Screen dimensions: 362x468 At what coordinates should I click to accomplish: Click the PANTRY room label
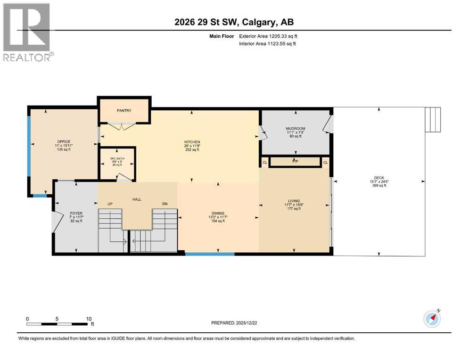(x=124, y=111)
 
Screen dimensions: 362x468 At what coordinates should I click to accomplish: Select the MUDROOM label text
(x=296, y=128)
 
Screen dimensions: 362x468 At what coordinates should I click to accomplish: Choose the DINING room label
(x=218, y=213)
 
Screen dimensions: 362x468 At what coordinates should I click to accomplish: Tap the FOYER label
(x=76, y=213)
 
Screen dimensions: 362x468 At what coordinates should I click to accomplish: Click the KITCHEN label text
(x=192, y=142)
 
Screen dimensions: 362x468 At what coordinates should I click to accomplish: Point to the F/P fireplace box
(x=296, y=162)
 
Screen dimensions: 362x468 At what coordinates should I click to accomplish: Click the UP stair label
(x=110, y=204)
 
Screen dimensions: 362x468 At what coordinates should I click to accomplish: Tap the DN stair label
(x=165, y=204)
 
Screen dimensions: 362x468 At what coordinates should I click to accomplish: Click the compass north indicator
(x=432, y=319)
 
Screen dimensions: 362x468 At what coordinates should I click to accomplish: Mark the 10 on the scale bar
(x=89, y=319)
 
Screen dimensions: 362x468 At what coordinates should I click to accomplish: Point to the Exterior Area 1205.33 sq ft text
(x=267, y=36)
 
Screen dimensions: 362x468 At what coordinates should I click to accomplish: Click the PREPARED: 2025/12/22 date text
(x=234, y=323)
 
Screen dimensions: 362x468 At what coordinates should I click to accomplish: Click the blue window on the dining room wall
(x=210, y=254)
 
